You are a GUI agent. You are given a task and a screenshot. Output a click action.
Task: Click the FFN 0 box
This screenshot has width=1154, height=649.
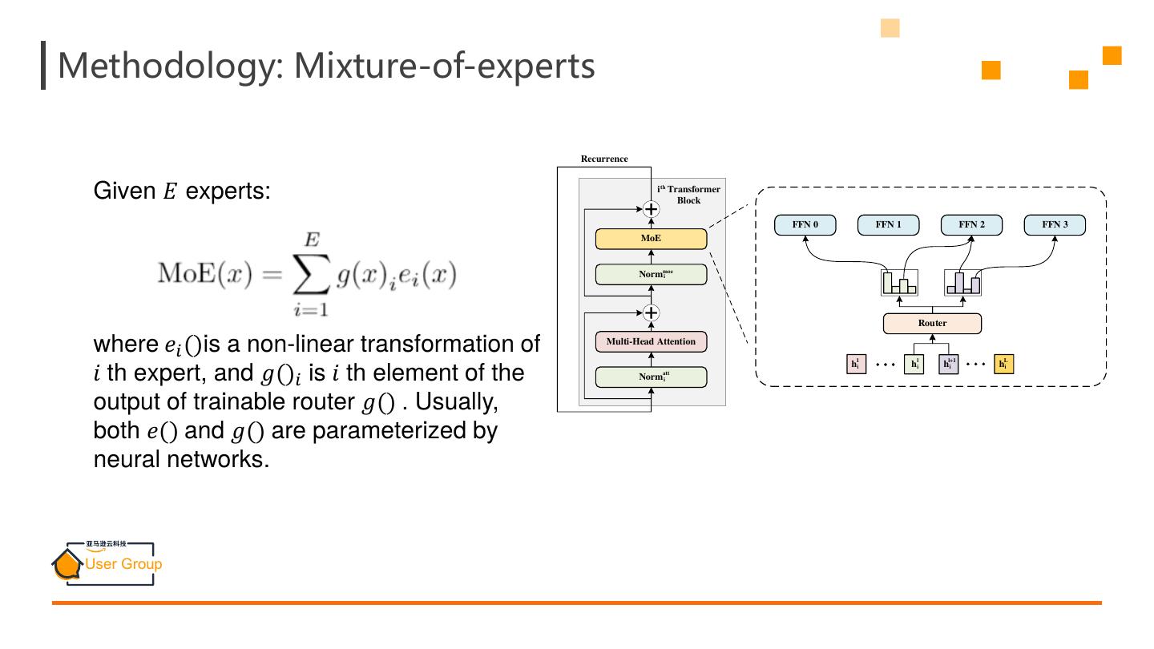[805, 225]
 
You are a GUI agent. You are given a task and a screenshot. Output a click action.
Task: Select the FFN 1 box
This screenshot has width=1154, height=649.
[888, 225]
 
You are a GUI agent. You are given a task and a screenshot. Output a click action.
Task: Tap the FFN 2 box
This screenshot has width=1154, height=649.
[971, 225]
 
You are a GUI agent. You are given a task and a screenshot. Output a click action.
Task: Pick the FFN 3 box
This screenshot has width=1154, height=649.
[1055, 225]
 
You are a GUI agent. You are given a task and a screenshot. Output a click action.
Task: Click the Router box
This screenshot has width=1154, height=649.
[932, 324]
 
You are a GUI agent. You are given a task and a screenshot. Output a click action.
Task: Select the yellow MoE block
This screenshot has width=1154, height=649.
[651, 239]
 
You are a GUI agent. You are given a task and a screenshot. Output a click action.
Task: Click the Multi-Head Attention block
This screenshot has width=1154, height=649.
[651, 342]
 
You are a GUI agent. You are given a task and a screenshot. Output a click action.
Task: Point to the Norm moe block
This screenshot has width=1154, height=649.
[651, 275]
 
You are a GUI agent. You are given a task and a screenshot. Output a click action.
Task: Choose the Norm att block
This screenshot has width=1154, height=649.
[651, 377]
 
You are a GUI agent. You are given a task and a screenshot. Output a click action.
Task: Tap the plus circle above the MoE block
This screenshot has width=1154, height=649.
[652, 210]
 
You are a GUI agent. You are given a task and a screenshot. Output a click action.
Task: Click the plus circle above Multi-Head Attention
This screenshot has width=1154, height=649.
[652, 312]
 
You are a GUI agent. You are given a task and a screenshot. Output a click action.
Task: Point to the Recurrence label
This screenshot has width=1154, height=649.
[604, 159]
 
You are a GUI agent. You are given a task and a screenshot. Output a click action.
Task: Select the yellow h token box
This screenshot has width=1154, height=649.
[1003, 365]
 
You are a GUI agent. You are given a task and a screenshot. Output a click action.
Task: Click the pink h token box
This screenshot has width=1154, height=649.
[856, 365]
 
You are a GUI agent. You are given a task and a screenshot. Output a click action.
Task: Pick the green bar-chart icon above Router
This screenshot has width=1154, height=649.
[899, 283]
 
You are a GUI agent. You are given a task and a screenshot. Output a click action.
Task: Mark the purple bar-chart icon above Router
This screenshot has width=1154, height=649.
[963, 283]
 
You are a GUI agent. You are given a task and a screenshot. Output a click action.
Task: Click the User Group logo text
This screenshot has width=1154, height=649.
[123, 564]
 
